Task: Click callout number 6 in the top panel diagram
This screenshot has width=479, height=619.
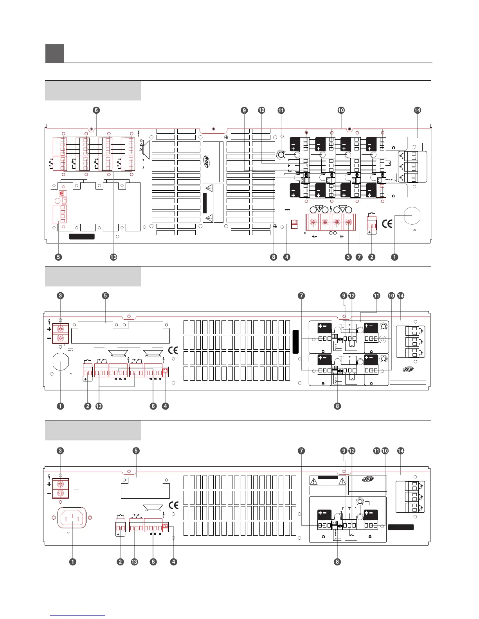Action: tap(96, 110)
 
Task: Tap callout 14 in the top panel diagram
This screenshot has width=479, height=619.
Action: tap(417, 110)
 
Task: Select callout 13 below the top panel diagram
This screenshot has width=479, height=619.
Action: tap(113, 257)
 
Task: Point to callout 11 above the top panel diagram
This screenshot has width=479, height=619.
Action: tap(281, 110)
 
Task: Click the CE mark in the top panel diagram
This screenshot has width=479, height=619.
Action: tap(387, 224)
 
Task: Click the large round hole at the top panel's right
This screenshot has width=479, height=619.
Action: tap(412, 215)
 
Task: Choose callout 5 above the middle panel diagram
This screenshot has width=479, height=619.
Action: tap(105, 296)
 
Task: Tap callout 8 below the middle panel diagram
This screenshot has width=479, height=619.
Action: tap(337, 406)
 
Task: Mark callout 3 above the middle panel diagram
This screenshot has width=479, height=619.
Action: tap(60, 296)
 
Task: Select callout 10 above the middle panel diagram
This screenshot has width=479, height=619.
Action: tap(391, 296)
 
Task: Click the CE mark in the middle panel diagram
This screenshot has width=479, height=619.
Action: tap(173, 350)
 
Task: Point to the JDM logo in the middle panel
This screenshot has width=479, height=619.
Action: tap(408, 370)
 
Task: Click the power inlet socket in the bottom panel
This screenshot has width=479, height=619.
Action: tap(72, 518)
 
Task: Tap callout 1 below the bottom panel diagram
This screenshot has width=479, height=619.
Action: tap(72, 562)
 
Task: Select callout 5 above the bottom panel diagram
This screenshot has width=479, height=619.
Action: tap(136, 451)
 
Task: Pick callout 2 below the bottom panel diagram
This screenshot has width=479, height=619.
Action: tap(120, 562)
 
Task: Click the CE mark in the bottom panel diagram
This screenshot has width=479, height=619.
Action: tap(173, 505)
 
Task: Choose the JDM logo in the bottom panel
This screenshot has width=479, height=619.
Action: tap(368, 479)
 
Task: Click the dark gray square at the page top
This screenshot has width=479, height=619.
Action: tap(55, 54)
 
